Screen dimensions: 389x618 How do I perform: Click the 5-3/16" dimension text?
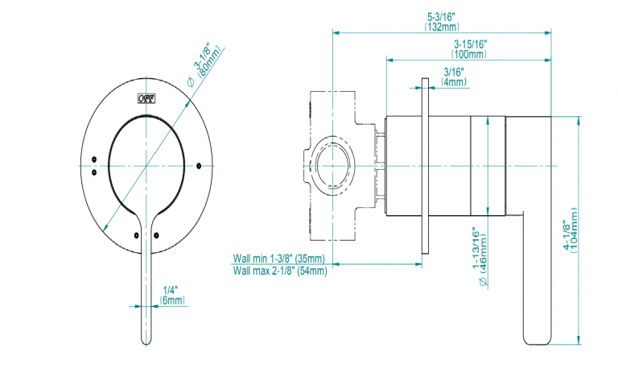(443, 17)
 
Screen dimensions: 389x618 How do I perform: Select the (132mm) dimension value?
(443, 27)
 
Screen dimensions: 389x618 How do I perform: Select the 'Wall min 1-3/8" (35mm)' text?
(279, 259)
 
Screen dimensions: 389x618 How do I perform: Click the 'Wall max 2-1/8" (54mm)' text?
(279, 271)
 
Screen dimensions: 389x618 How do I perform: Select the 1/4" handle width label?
(171, 290)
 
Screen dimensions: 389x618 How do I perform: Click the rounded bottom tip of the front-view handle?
(147, 341)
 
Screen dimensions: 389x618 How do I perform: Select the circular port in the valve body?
(331, 166)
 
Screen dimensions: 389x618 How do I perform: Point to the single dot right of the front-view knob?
(197, 165)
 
